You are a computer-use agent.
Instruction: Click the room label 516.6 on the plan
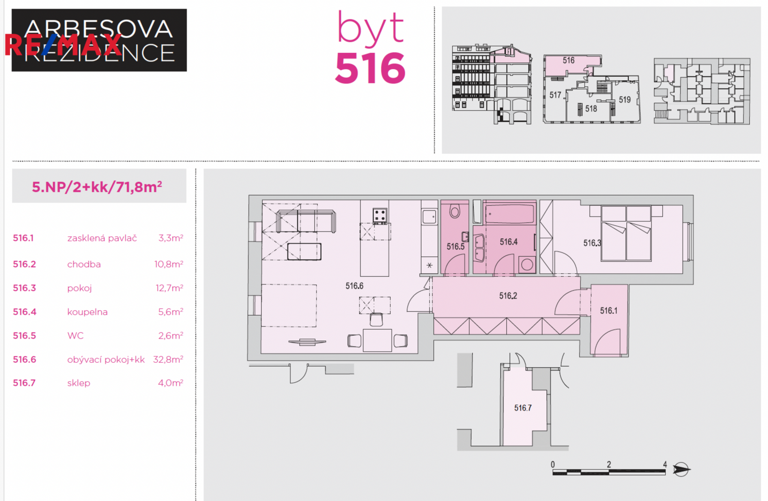354,286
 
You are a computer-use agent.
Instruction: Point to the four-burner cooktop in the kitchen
380,216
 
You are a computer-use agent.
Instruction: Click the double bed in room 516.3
626,233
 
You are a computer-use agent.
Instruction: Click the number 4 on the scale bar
665,464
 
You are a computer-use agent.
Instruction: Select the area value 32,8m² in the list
168,359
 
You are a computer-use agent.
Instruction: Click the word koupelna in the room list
88,312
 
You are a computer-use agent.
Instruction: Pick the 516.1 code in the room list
23,238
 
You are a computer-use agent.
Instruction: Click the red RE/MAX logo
63,45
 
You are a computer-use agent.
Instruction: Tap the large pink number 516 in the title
370,68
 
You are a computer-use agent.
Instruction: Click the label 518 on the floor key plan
591,109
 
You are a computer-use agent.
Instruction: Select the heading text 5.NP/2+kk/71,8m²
97,187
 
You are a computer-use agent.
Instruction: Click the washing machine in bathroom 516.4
527,265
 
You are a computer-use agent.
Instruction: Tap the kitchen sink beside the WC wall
429,217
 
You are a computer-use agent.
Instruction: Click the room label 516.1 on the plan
609,310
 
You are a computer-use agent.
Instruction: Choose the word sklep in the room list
79,383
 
